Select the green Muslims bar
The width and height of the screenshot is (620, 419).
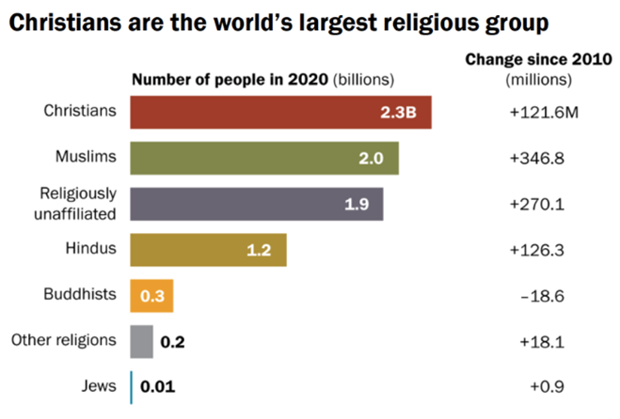(x=264, y=158)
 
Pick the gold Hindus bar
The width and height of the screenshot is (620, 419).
(x=208, y=249)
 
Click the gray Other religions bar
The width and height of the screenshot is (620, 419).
(x=141, y=340)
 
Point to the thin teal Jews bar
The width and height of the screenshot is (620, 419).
(x=132, y=385)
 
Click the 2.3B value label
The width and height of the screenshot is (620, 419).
(x=399, y=114)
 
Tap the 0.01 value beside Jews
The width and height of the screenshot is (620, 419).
(x=158, y=386)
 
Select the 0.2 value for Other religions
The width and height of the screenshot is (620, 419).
(x=172, y=341)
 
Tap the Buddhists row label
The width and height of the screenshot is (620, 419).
(x=80, y=295)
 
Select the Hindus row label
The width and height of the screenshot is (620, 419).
(x=92, y=249)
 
